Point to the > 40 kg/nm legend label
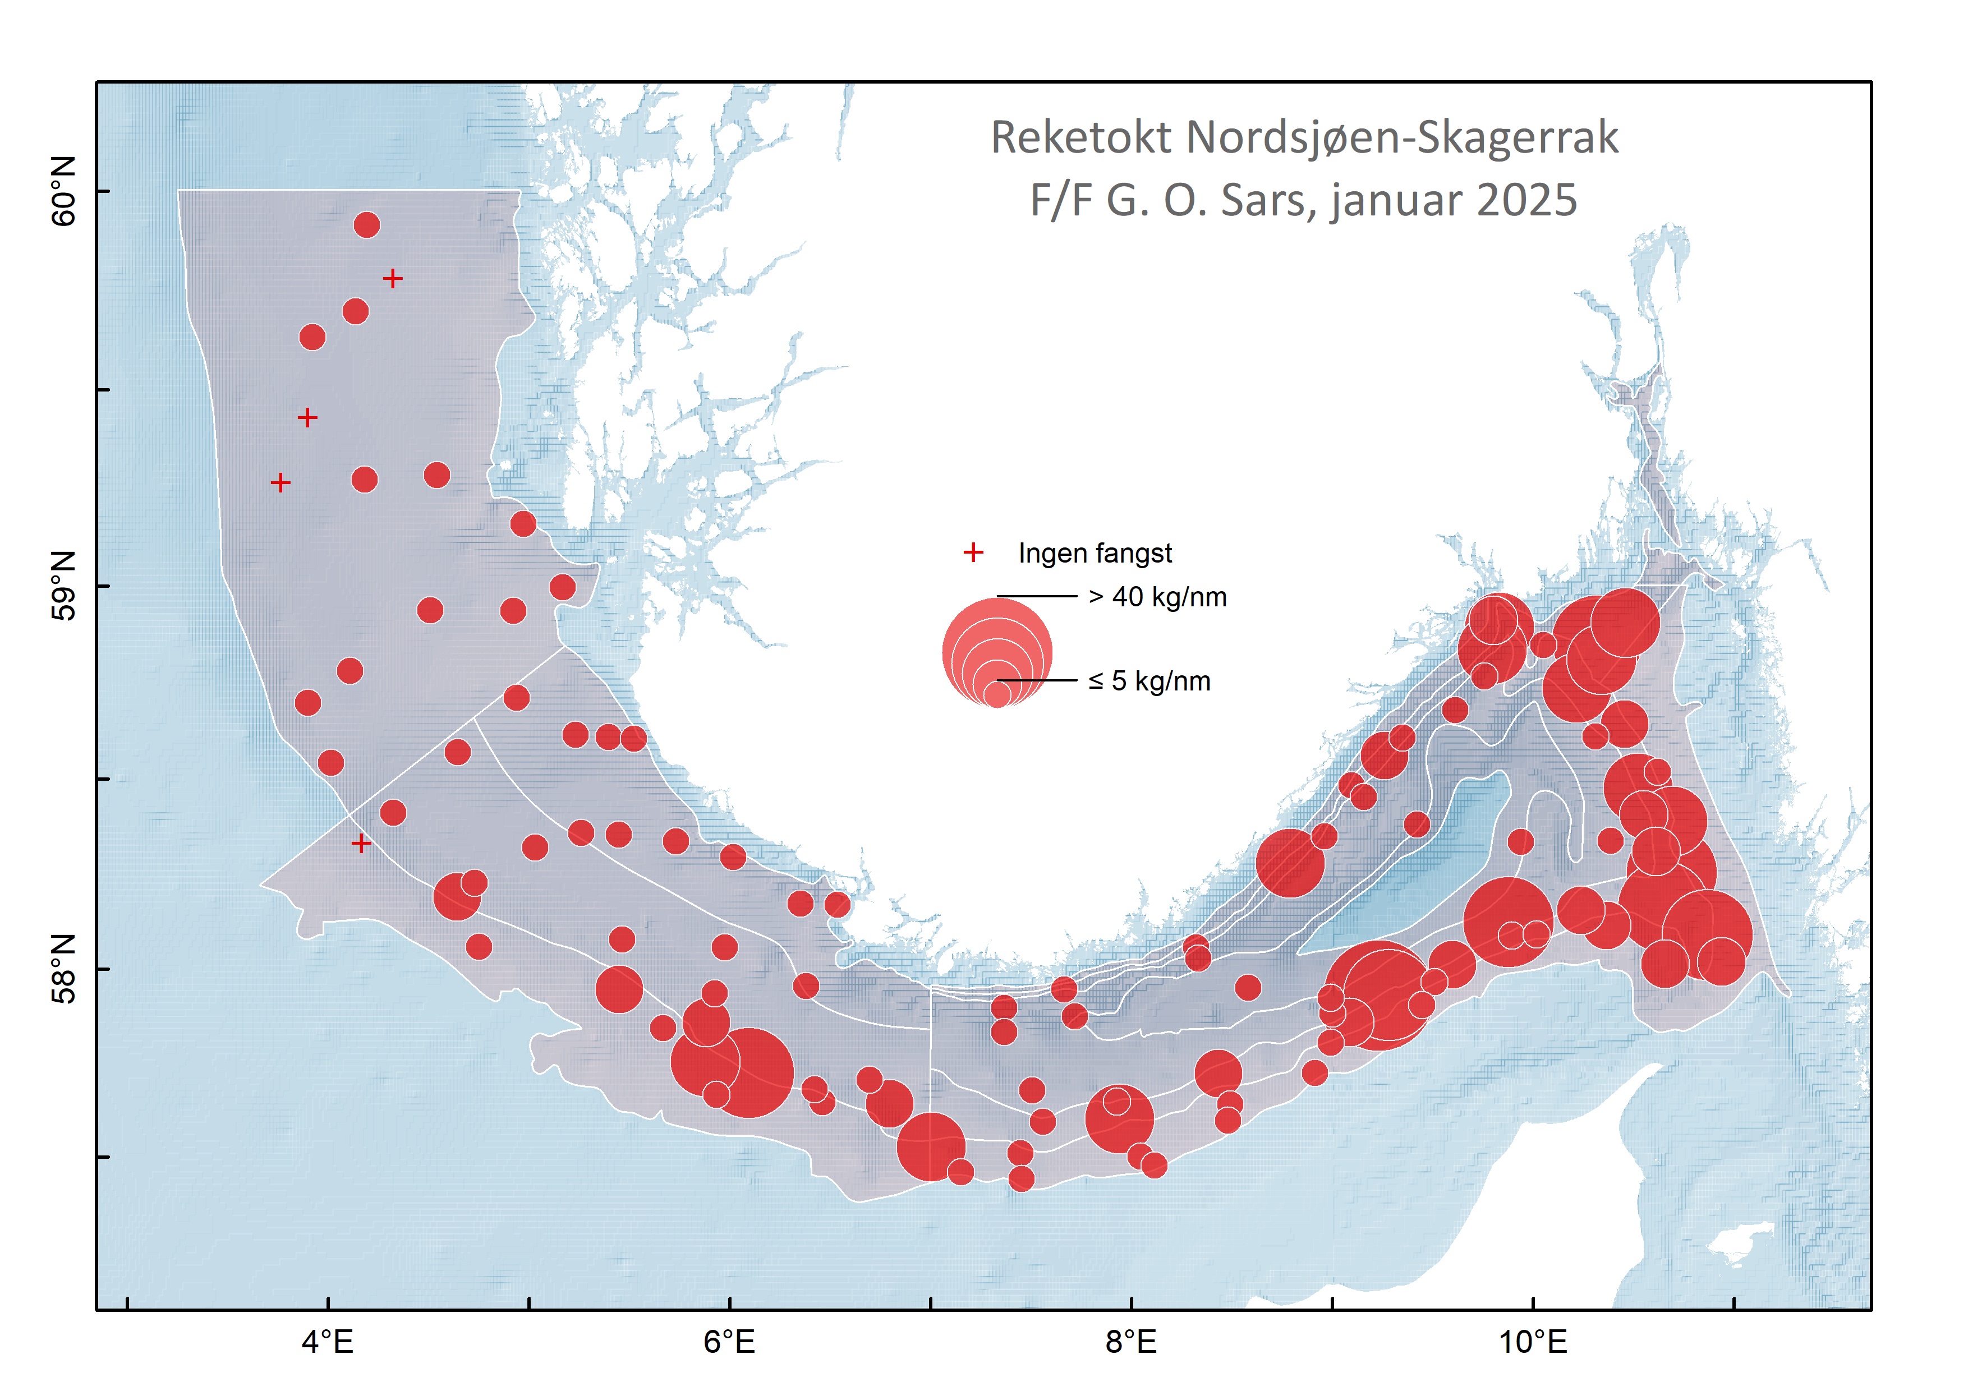pos(1157,597)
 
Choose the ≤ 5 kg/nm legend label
pos(1149,681)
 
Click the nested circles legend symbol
pos(997,653)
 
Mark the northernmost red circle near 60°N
pos(367,225)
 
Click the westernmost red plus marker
pos(281,483)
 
